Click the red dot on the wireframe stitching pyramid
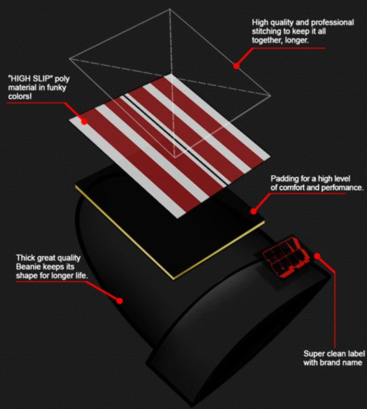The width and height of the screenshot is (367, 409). coord(236,66)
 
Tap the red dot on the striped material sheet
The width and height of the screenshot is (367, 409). coord(84,121)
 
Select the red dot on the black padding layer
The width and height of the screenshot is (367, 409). coord(254,211)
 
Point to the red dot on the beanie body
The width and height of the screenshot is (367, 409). coord(120,301)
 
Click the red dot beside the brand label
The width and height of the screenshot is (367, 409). coord(317,256)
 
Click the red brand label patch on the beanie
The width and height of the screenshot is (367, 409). coord(286,256)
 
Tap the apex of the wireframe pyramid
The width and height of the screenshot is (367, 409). coord(170,9)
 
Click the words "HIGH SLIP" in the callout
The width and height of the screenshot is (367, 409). coord(30,79)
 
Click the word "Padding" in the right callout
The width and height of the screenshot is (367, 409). coord(284,179)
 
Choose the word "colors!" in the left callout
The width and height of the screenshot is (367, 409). coord(20,96)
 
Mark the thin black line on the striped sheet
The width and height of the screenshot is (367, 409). coord(174,139)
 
